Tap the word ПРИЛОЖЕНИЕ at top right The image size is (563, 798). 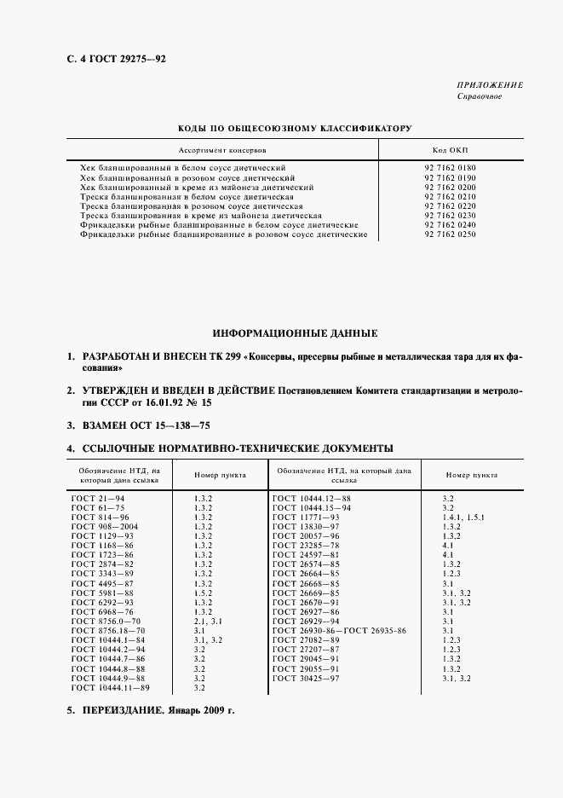491,85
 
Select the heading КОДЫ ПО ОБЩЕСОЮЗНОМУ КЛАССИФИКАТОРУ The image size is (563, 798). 294,128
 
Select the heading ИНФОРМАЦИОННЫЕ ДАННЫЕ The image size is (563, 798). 295,333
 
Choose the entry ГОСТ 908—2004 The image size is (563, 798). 104,527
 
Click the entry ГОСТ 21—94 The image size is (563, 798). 98,497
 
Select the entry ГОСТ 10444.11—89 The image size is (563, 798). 111,687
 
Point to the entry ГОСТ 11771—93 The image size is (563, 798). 306,517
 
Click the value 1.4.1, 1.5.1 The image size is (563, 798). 463,517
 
